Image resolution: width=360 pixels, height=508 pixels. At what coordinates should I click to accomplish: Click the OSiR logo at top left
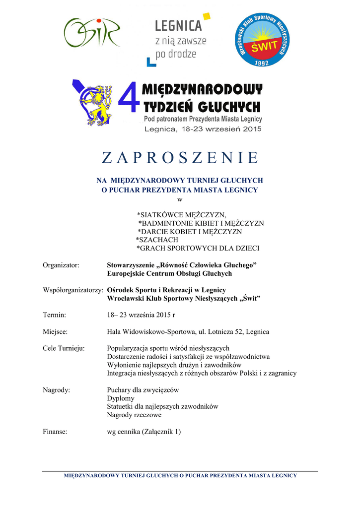click(x=91, y=33)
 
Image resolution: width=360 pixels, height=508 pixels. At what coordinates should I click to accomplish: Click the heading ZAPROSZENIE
click(x=180, y=158)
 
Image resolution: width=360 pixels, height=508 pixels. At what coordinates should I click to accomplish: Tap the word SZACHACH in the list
click(x=157, y=240)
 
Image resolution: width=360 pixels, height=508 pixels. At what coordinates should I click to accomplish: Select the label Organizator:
click(x=61, y=265)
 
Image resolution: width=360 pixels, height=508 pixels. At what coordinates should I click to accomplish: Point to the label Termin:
click(x=55, y=315)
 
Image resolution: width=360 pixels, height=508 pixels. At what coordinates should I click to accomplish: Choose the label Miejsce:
click(x=56, y=331)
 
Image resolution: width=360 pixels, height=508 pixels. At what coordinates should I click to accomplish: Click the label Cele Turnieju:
click(x=64, y=348)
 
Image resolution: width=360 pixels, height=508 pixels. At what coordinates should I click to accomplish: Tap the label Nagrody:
click(x=57, y=390)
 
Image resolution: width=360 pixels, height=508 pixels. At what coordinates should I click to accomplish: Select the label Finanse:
click(x=55, y=432)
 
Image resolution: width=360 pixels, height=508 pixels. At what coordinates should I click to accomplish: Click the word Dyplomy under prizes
click(x=121, y=398)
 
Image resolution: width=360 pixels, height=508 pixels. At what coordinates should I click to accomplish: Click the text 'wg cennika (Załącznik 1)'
click(x=144, y=432)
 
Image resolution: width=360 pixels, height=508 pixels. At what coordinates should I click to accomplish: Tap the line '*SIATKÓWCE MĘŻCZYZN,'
click(x=181, y=215)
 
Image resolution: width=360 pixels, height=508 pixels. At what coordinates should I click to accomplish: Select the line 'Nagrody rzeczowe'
click(x=134, y=415)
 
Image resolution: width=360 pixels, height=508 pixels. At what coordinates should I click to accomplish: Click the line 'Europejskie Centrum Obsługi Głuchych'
click(x=169, y=273)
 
